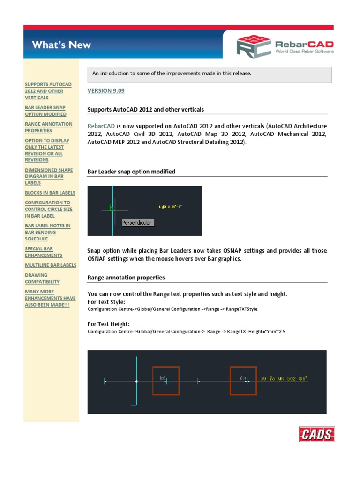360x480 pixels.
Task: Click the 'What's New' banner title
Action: tap(61, 45)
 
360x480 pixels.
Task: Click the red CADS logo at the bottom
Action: tap(316, 435)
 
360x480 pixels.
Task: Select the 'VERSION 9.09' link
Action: tap(106, 90)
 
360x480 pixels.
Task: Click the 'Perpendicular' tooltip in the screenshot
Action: tap(137, 223)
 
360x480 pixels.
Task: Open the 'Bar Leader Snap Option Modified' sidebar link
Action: tap(45, 111)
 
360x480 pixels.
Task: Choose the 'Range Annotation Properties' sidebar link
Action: tap(48, 127)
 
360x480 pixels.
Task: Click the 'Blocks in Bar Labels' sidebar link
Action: tap(50, 193)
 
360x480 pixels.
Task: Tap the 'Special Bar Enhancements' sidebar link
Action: tap(44, 252)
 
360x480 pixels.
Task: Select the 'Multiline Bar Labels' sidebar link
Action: tap(50, 265)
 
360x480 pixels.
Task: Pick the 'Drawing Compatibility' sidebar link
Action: tap(42, 278)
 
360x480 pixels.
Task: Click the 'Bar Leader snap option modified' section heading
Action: tap(131, 172)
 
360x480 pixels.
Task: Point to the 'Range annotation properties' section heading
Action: tap(126, 277)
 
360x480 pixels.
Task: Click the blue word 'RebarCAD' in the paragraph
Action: tap(101, 126)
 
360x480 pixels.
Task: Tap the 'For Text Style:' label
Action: tap(106, 302)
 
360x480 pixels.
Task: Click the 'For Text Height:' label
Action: tap(109, 324)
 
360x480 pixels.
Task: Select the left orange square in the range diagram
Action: tap(166, 381)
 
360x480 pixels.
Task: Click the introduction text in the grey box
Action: tap(172, 73)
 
